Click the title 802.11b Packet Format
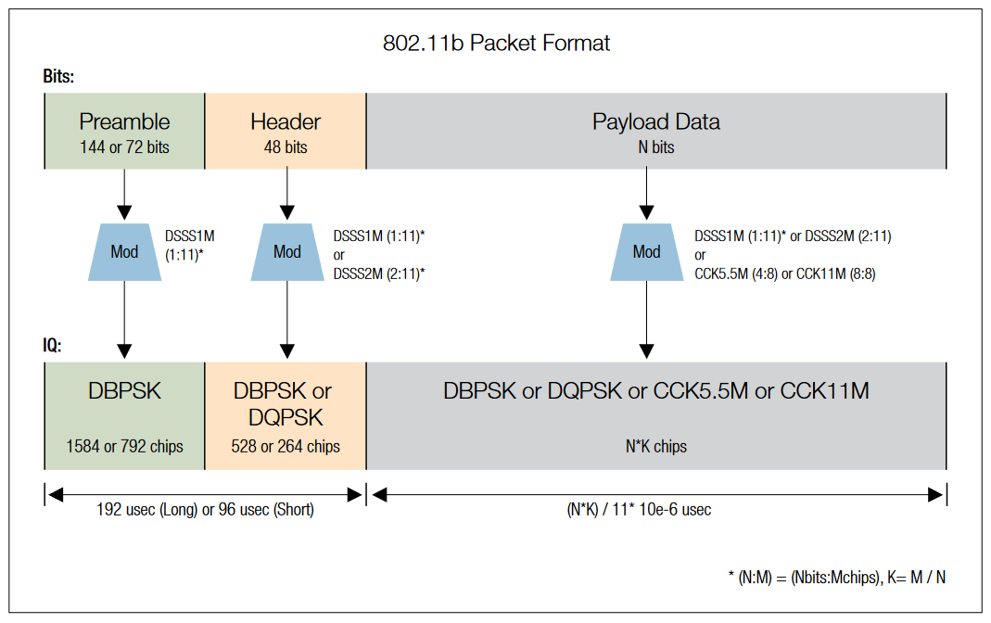(x=496, y=44)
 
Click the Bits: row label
(x=58, y=76)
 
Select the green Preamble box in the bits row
(x=124, y=131)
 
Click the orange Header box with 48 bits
(x=286, y=131)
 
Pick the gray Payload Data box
(x=655, y=131)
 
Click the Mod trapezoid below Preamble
(x=124, y=251)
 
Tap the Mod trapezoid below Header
(x=286, y=251)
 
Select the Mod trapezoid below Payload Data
(x=646, y=251)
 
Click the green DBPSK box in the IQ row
(x=124, y=415)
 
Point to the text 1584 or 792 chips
(x=124, y=447)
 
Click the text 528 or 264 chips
(x=286, y=447)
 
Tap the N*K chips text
(x=655, y=447)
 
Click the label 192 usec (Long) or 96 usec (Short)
(x=205, y=510)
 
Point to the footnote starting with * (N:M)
(x=836, y=577)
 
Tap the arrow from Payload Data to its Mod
(x=646, y=195)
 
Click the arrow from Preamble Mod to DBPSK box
(x=124, y=320)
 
